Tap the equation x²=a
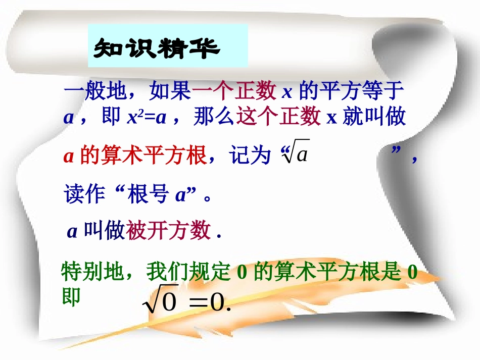coord(147,118)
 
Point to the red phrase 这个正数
coord(278,117)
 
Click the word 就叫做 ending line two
coord(374,117)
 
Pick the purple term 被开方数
coord(168,231)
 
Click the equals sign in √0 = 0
coord(199,303)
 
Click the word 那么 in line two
coord(214,117)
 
